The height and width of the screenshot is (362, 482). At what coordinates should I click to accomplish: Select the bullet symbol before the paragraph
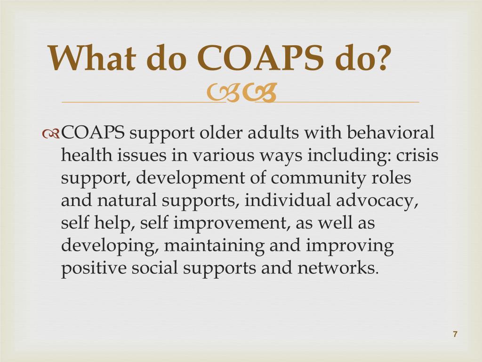(x=51, y=134)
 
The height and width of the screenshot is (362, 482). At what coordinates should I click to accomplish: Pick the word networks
(x=337, y=268)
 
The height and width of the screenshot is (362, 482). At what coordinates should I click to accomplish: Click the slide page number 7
(x=455, y=334)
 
